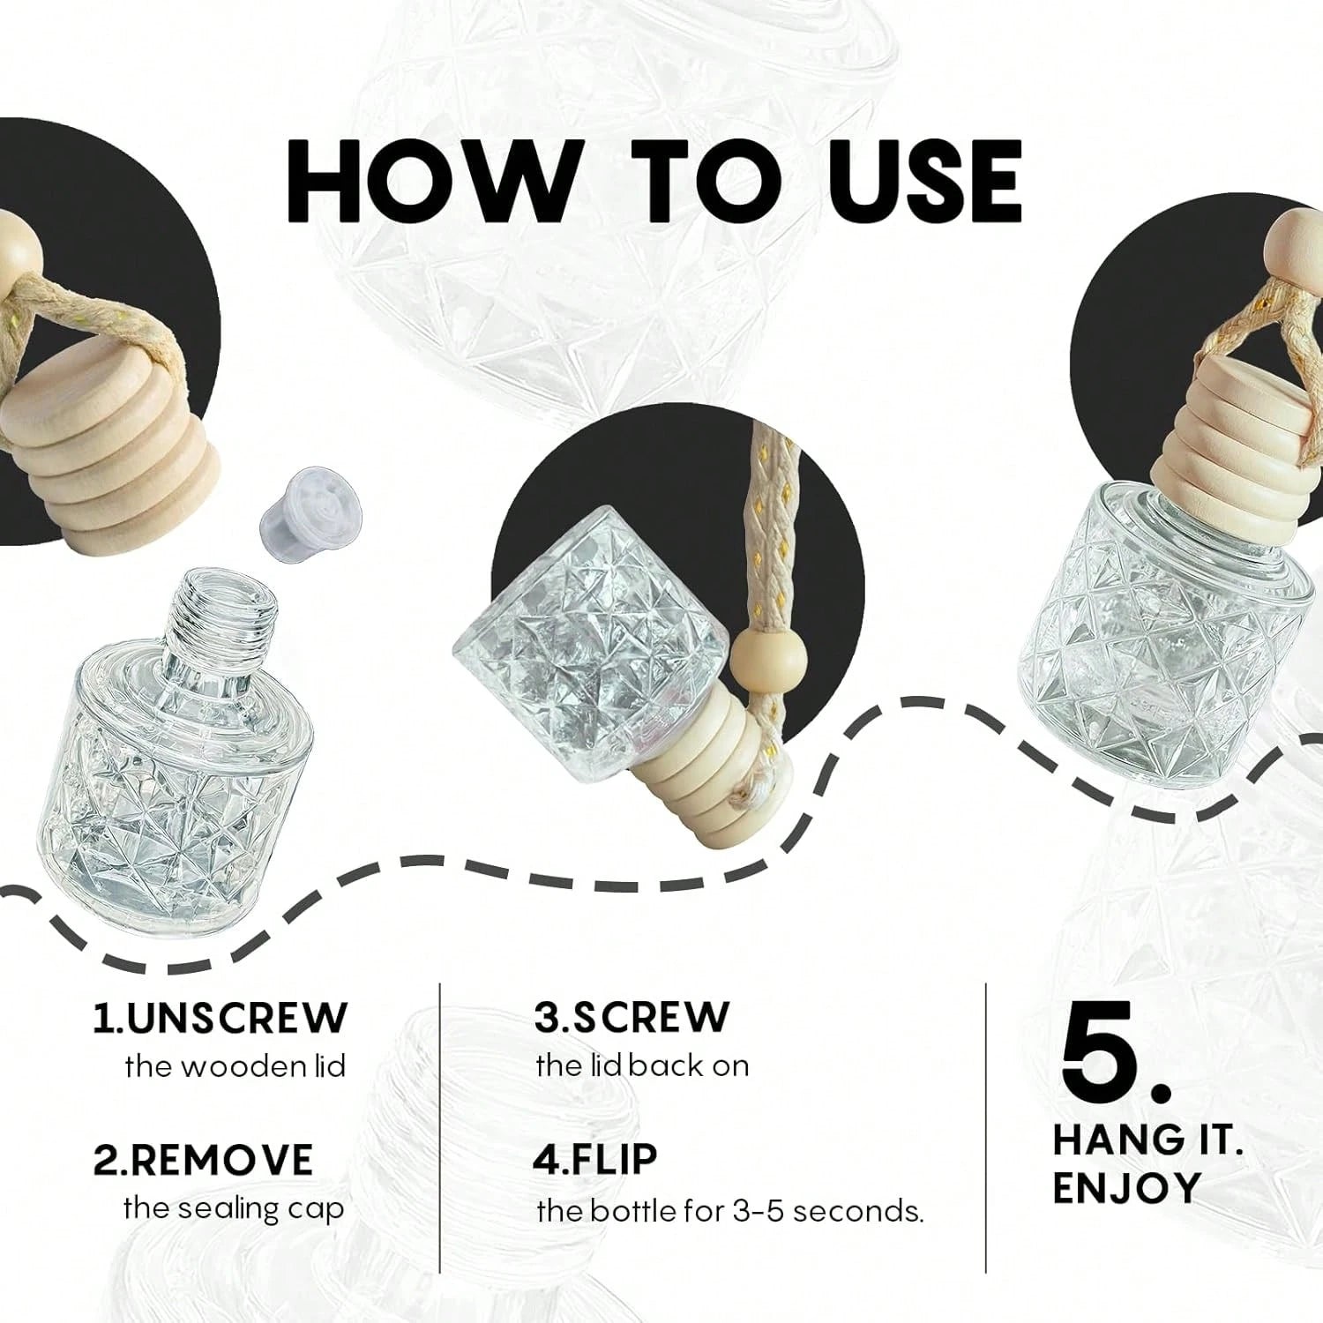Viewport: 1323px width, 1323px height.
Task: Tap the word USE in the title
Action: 899,180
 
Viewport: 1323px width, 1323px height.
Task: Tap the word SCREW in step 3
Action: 632,1017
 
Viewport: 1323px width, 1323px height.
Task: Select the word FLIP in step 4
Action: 595,1159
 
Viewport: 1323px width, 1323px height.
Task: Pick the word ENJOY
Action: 1126,1189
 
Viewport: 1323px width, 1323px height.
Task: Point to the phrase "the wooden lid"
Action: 235,1066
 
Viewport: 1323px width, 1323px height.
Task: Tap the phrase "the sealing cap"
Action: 233,1209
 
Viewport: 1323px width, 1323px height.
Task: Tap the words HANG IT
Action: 1148,1140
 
